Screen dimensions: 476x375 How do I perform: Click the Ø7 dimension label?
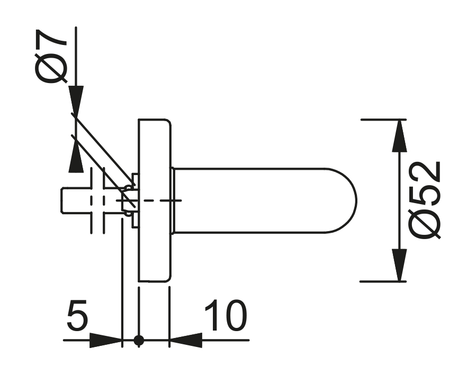click(x=50, y=56)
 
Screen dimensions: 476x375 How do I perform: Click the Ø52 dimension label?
click(x=425, y=200)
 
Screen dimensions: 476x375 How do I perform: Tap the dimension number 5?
click(x=77, y=315)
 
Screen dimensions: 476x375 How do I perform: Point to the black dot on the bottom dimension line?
click(x=139, y=341)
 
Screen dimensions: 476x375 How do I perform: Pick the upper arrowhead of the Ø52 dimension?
click(x=399, y=135)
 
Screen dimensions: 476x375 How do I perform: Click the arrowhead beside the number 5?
click(x=106, y=341)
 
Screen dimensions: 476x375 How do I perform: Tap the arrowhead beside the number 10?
click(x=186, y=340)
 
